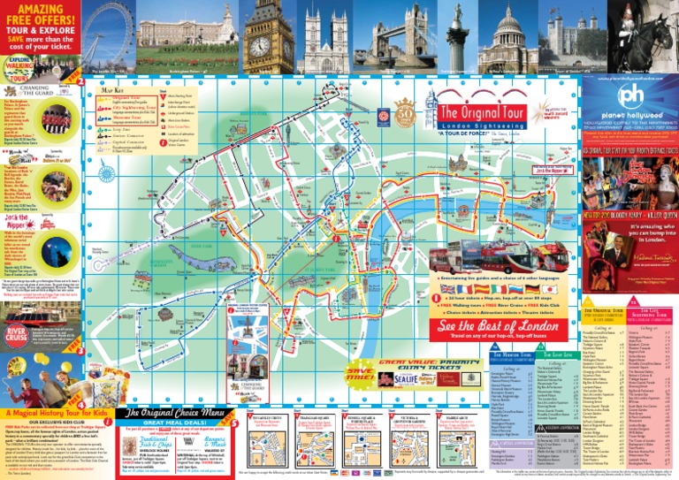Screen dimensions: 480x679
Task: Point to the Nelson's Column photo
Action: point(455,35)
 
